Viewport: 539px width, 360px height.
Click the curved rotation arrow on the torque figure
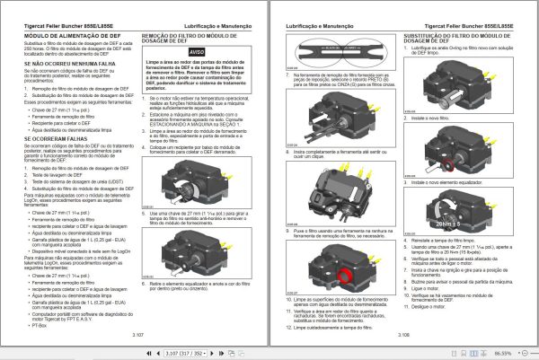pos(440,208)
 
